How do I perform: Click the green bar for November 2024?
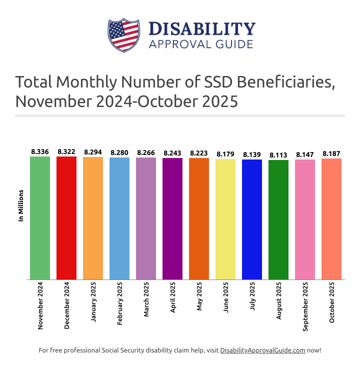coord(40,218)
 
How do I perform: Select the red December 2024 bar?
coord(66,218)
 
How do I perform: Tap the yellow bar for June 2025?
coord(225,219)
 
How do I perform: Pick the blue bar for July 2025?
coord(252,219)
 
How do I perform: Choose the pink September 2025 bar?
coord(305,219)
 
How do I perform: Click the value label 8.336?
coord(40,151)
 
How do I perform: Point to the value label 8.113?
coord(278,155)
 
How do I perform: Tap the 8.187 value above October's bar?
coord(331,154)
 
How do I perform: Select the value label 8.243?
coord(172,153)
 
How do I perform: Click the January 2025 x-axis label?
coord(93,303)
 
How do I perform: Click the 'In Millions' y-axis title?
coord(21,205)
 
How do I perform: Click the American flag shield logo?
coord(123,35)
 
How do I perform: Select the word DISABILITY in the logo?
coord(202,28)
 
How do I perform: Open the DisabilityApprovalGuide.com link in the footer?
coord(262,350)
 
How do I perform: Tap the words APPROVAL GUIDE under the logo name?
coord(201,44)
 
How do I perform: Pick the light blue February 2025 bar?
coord(119,218)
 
